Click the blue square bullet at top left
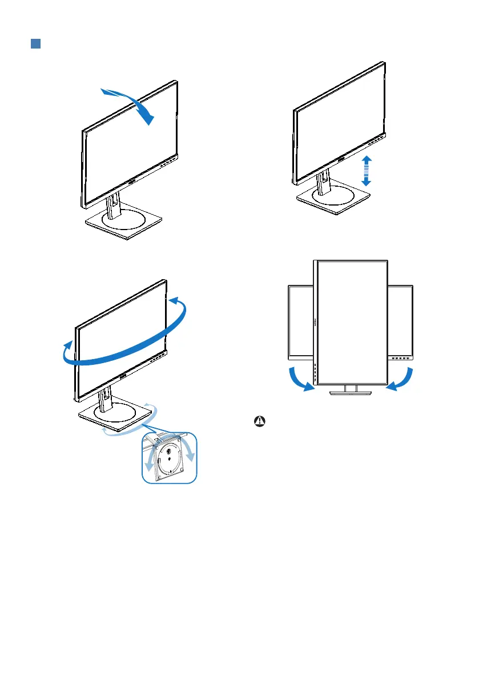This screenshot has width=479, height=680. [35, 44]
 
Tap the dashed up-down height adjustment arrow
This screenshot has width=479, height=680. [367, 170]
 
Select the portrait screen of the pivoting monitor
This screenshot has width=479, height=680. [352, 321]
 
